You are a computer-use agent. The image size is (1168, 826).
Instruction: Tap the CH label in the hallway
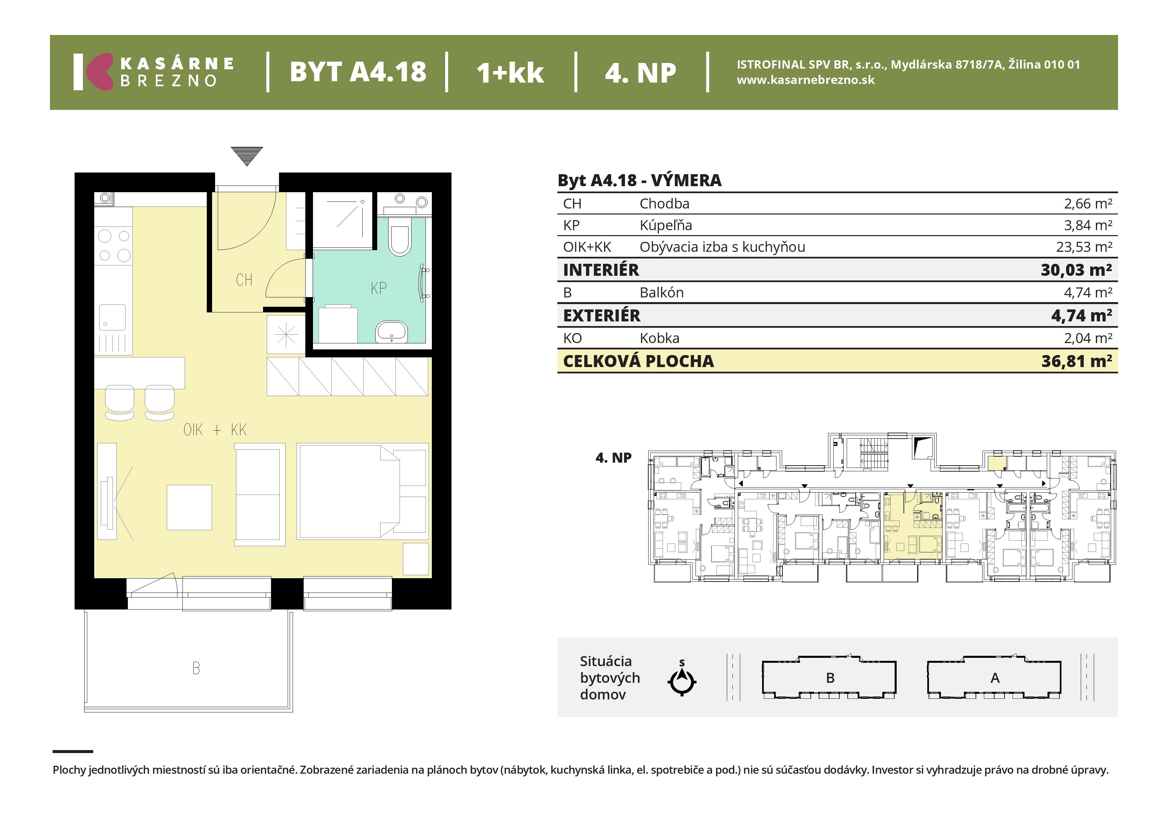[244, 280]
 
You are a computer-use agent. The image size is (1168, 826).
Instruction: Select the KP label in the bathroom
[379, 288]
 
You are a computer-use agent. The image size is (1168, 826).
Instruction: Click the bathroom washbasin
[391, 332]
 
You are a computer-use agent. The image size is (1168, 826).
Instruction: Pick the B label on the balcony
[196, 668]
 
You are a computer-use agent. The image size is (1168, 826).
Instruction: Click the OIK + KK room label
[215, 430]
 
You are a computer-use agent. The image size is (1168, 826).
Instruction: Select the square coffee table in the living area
[189, 507]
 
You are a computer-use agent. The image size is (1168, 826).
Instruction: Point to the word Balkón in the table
[661, 293]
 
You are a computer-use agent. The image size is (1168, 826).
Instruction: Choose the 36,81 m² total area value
[1076, 361]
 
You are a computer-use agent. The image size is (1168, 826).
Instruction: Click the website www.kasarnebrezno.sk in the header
[806, 80]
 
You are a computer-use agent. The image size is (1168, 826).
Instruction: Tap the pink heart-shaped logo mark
[99, 72]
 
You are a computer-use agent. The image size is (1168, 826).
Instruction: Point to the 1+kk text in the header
[510, 72]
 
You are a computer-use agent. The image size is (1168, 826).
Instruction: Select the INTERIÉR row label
[601, 270]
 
